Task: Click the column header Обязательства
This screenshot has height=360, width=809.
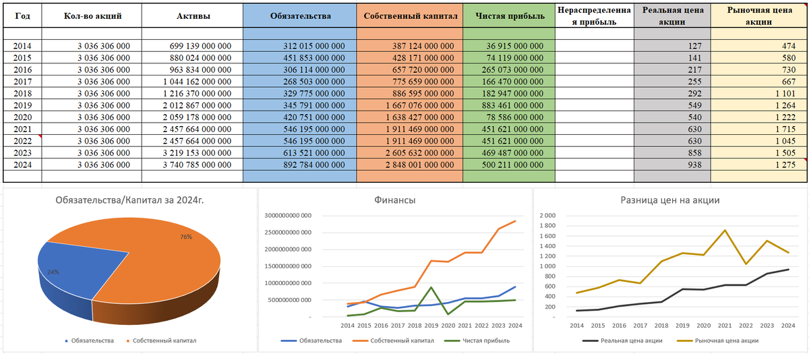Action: tap(299, 16)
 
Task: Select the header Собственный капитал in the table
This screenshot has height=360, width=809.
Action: tap(409, 16)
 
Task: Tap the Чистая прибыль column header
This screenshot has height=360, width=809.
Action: tap(509, 16)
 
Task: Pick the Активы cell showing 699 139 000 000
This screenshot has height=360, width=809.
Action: tap(200, 46)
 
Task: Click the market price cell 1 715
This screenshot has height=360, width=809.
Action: tap(782, 128)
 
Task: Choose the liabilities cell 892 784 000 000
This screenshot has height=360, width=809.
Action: tap(314, 164)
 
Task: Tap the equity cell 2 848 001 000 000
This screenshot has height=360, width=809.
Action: tap(420, 164)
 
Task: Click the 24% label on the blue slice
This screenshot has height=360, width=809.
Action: tap(53, 272)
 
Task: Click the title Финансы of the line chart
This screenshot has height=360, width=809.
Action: tap(396, 200)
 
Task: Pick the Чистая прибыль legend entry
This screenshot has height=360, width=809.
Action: tap(482, 340)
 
